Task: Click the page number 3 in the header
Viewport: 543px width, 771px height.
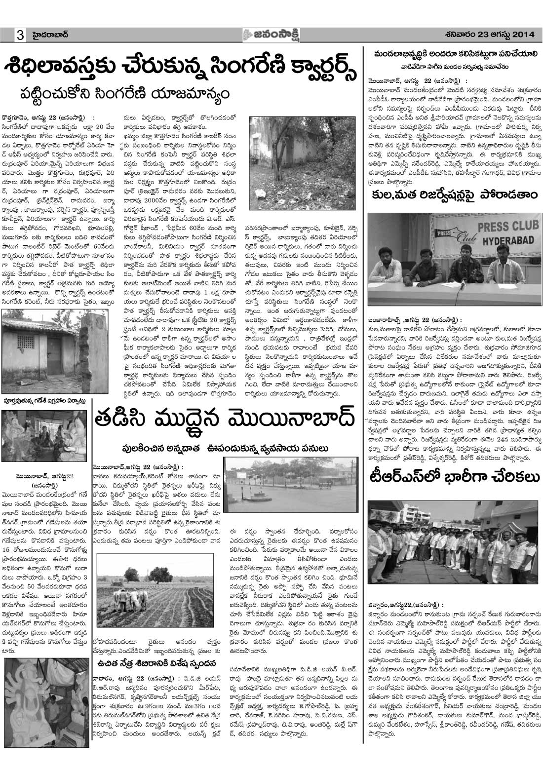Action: click(x=20, y=35)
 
